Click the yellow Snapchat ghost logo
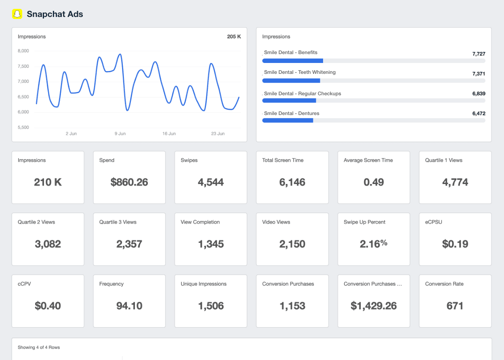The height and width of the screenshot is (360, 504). pyautogui.click(x=17, y=14)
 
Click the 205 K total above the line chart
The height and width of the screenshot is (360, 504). pyautogui.click(x=234, y=37)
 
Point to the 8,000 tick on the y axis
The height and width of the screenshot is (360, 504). pyautogui.click(x=23, y=51)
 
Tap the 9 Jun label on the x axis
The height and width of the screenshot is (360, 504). pyautogui.click(x=120, y=134)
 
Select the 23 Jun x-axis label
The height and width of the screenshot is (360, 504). pyautogui.click(x=218, y=134)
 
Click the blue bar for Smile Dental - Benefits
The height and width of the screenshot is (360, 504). pyautogui.click(x=292, y=61)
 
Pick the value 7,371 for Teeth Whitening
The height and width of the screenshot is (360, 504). pyautogui.click(x=479, y=74)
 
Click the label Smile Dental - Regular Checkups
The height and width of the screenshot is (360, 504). pyautogui.click(x=302, y=94)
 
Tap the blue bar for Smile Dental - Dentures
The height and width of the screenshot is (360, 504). pyautogui.click(x=288, y=120)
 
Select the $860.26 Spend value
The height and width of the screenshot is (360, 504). pyautogui.click(x=129, y=182)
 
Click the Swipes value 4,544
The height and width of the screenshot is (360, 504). pyautogui.click(x=210, y=182)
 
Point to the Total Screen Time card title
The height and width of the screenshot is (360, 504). pyautogui.click(x=283, y=160)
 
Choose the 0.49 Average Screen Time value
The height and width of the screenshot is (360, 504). pyautogui.click(x=374, y=182)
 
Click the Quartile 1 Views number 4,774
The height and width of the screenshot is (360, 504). pyautogui.click(x=455, y=182)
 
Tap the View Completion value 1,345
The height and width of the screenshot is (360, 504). pyautogui.click(x=210, y=244)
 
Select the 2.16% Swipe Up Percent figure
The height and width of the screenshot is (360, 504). pyautogui.click(x=374, y=244)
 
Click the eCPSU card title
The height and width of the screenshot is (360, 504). pyautogui.click(x=433, y=222)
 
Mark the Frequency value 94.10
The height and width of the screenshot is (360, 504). pyautogui.click(x=129, y=306)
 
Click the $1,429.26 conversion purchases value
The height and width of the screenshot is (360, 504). pyautogui.click(x=374, y=306)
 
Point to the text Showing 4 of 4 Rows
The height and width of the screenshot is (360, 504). pyautogui.click(x=39, y=347)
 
